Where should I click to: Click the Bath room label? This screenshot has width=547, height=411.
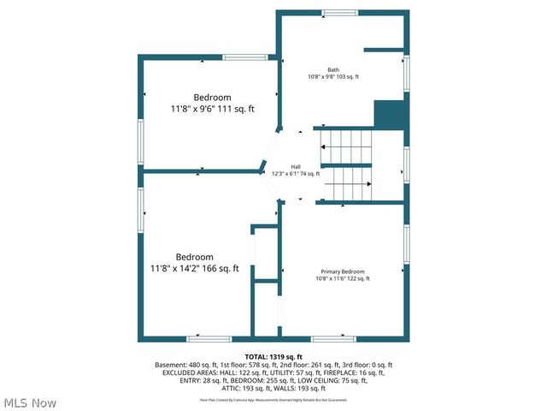(x=333, y=69)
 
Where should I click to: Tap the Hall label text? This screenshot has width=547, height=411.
(x=296, y=166)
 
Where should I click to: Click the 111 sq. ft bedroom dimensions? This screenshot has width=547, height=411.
(x=211, y=110)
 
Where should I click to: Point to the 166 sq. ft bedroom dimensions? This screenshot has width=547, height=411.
(x=195, y=269)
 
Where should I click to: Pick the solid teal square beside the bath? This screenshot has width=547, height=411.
(x=389, y=115)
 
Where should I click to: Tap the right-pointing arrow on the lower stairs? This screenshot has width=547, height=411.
(x=368, y=184)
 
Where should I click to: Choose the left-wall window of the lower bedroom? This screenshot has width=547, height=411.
(x=141, y=210)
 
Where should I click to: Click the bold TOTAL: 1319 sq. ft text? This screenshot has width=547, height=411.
(x=273, y=356)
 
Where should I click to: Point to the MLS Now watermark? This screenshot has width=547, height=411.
(x=30, y=402)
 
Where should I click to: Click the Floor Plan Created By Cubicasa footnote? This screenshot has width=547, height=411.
(x=273, y=399)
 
